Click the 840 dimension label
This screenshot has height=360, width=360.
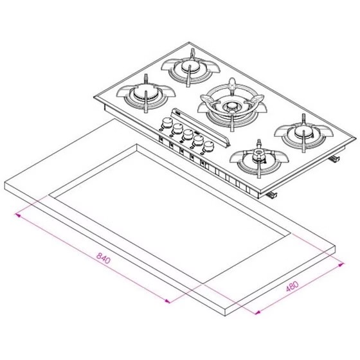click(x=104, y=258)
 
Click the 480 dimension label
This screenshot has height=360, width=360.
click(x=292, y=286)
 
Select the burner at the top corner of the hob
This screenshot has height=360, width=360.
click(x=190, y=67)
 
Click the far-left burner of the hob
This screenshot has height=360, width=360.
click(x=146, y=94)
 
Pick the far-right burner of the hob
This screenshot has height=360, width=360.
click(x=303, y=133)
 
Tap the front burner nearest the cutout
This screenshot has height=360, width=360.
click(x=259, y=159)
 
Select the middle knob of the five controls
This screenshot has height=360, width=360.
click(x=188, y=135)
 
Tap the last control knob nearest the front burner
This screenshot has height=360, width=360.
click(x=208, y=147)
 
